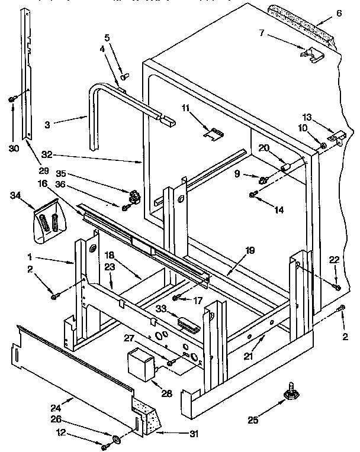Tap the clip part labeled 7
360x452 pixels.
point(311,55)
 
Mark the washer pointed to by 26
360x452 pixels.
point(116,439)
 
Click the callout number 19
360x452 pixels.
point(249,251)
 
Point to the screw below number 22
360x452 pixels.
point(337,288)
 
